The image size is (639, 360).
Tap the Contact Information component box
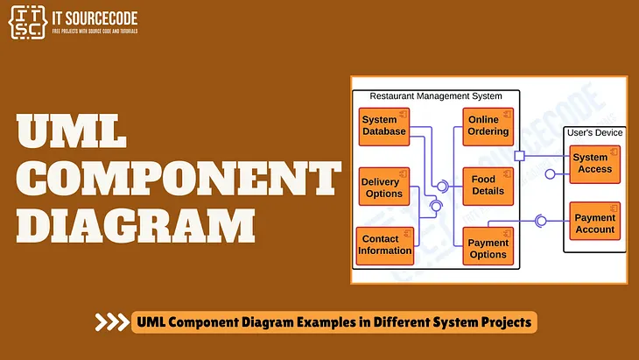pos(384,244)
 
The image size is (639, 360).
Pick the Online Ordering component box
pos(488,125)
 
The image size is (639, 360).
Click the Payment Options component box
pos(488,248)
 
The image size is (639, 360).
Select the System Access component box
pos(594,163)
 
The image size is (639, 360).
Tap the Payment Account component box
pos(594,223)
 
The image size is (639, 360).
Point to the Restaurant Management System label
pos(436,95)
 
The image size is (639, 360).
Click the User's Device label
pos(594,132)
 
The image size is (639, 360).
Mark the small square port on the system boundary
pos(519,156)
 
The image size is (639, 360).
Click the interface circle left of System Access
pos(550,173)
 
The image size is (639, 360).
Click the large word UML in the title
pos(73,132)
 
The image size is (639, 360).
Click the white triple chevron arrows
pos(111,322)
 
